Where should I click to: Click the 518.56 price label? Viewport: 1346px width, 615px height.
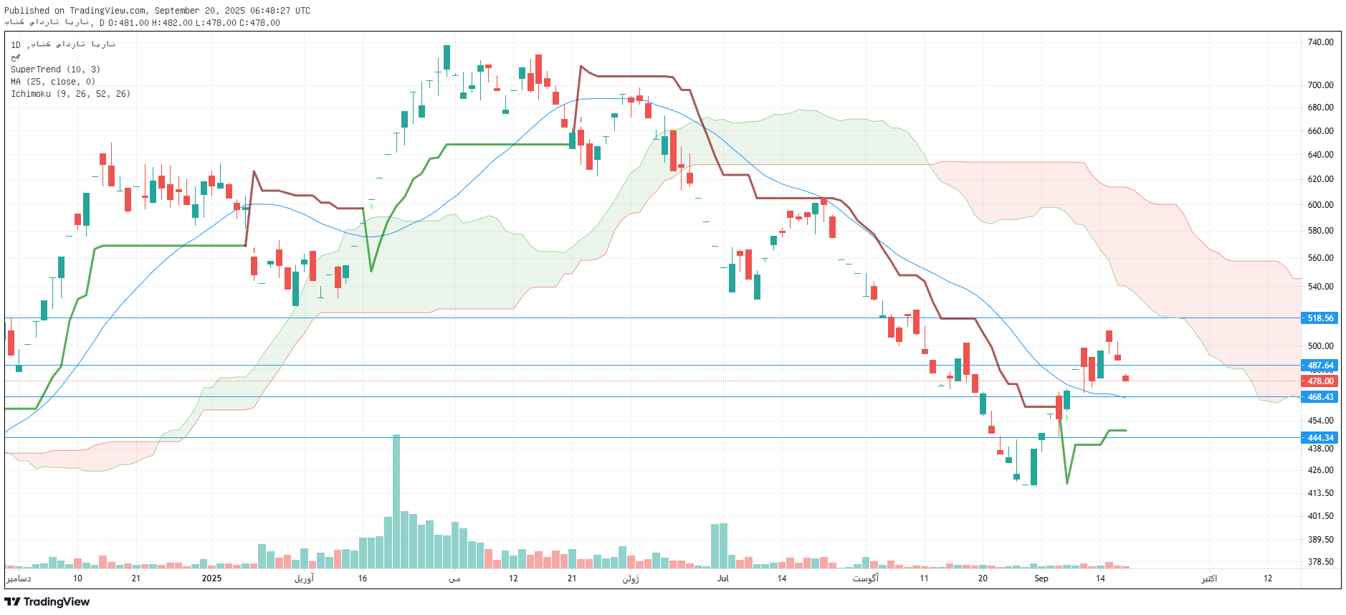[1319, 318]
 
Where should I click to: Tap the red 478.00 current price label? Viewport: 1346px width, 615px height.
[1319, 381]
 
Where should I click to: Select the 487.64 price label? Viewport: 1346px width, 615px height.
[1319, 366]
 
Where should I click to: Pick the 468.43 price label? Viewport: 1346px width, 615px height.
[1319, 397]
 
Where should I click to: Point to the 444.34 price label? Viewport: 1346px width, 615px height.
[1319, 438]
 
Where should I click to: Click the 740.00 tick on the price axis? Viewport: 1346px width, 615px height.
[1320, 42]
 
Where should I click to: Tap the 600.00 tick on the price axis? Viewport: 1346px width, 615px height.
[1320, 205]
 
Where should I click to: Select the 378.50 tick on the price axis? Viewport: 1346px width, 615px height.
[1320, 562]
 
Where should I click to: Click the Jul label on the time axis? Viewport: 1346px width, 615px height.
[722, 578]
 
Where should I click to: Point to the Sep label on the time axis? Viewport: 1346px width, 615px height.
[1041, 578]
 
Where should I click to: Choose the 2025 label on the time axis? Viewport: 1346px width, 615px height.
[211, 578]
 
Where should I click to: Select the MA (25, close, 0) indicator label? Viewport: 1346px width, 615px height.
[53, 82]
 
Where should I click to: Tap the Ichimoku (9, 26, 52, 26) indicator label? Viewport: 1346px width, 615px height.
[70, 94]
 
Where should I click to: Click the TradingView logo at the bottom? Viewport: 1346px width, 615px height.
[47, 601]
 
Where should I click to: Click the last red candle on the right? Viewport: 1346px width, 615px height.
[1126, 378]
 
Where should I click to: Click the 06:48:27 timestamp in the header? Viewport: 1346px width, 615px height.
[270, 11]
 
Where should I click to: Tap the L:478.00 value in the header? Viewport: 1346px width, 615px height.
[216, 23]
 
